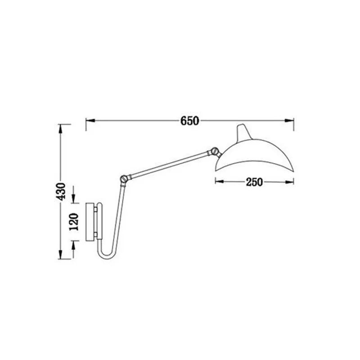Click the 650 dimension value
click(190, 121)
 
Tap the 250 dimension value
click(254, 182)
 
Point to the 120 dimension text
click(75, 221)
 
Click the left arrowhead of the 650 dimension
click(89, 121)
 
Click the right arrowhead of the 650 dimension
click(291, 121)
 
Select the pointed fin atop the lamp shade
click(242, 130)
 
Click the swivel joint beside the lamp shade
click(215, 151)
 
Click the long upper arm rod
click(169, 164)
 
